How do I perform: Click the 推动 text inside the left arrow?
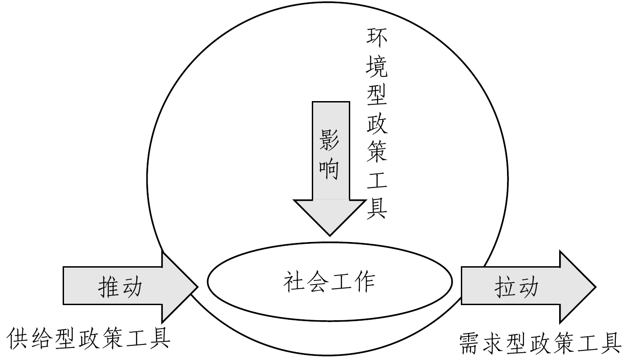pyautogui.click(x=120, y=287)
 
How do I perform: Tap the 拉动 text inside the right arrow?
pyautogui.click(x=516, y=287)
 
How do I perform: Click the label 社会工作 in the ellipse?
pyautogui.click(x=329, y=281)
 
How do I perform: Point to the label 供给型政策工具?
pyautogui.click(x=89, y=339)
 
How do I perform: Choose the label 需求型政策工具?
pyautogui.click(x=540, y=343)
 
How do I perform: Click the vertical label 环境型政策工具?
pyautogui.click(x=377, y=124)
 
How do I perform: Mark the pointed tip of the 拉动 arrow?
pyautogui.click(x=595, y=287)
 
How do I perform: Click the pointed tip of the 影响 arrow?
pyautogui.click(x=330, y=235)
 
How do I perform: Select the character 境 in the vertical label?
pyautogui.click(x=377, y=67)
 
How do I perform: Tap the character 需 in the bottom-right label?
pyautogui.click(x=470, y=343)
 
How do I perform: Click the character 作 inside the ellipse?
pyautogui.click(x=364, y=281)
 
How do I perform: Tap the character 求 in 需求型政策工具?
pyautogui.click(x=493, y=343)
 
